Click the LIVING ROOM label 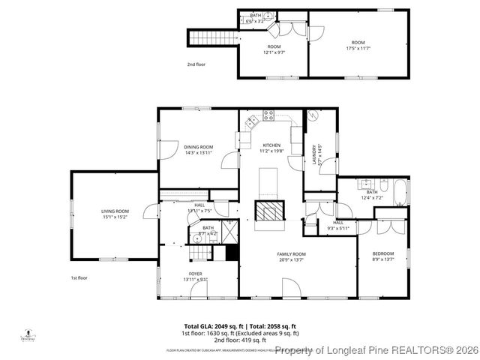coord(115,211)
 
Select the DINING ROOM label coord(199,146)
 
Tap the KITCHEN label coord(271,145)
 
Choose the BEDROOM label coord(382,254)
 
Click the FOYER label coord(195,274)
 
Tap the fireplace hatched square coord(270,211)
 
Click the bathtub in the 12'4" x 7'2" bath coord(400,192)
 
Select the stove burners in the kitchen coord(268,115)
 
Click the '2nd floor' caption coord(196,64)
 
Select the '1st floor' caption coord(79,278)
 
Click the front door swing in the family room coord(291,286)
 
